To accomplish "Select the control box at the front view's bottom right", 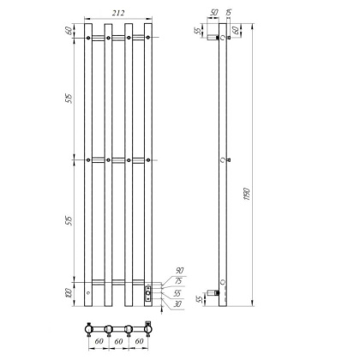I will pos(148,294).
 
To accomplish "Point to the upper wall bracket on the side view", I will pos(216,39).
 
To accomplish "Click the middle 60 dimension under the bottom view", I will pos(119,345).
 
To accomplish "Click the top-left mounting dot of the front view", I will pos(89,38).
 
